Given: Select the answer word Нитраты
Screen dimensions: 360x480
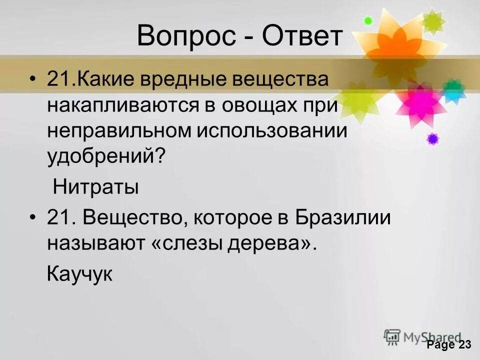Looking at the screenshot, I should (95, 187).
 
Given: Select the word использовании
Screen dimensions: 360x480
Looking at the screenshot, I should (270, 131).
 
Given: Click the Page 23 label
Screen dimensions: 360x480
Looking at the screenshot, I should (448, 345).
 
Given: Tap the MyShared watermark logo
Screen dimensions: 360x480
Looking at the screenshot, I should (422, 337).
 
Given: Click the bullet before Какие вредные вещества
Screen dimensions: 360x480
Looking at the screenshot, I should (33, 80).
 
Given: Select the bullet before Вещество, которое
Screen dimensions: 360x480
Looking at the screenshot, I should (33, 218).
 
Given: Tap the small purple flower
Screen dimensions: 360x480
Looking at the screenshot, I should (432, 138).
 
